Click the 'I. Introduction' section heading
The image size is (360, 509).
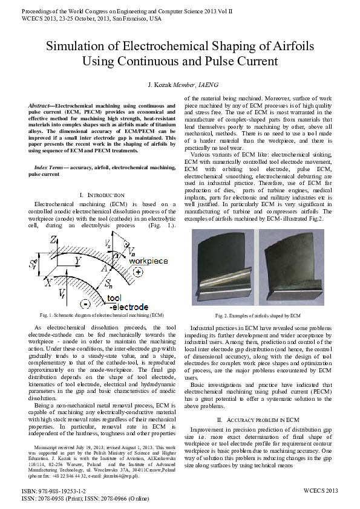(102, 195)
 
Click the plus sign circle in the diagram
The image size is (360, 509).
(139, 273)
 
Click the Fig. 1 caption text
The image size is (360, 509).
(102, 316)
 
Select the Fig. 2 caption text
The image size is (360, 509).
(258, 316)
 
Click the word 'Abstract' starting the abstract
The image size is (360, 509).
(40, 106)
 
